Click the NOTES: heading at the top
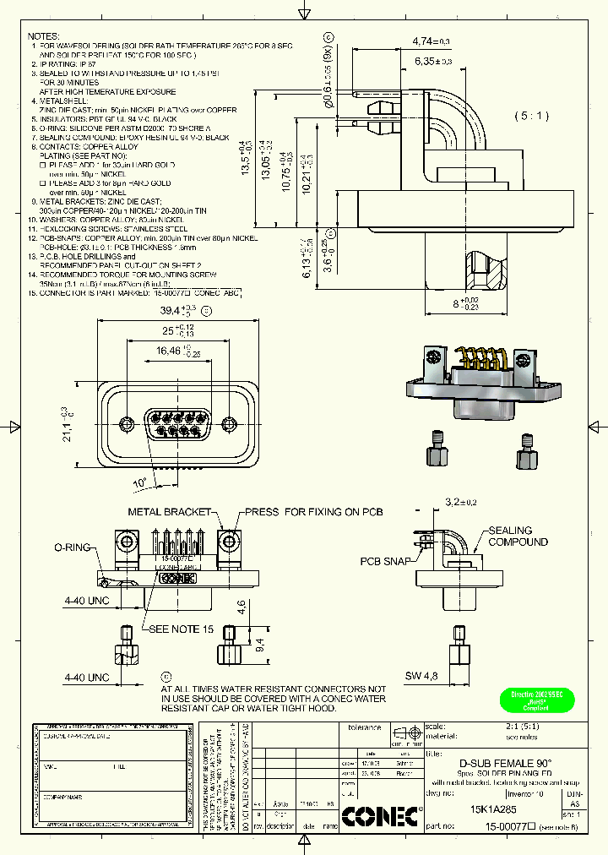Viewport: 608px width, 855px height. click(43, 36)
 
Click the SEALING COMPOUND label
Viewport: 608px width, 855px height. click(517, 536)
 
